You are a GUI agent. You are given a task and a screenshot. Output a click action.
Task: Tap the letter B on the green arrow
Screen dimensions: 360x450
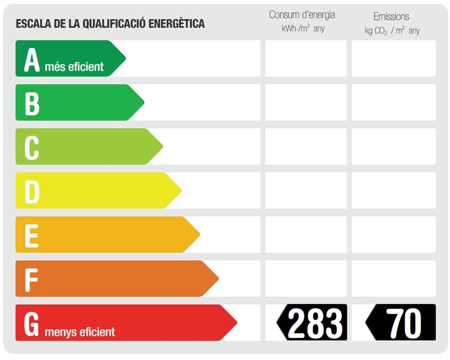32,103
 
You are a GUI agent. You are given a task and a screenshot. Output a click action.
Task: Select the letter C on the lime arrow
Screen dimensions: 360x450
31,147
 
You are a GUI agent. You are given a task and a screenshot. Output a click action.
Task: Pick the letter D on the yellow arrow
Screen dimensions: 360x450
32,191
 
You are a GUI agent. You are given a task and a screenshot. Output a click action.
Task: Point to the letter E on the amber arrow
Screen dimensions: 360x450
31,235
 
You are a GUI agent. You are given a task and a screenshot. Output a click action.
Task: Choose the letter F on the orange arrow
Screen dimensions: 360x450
31,279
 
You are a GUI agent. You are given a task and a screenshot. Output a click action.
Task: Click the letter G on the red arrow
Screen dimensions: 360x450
31,324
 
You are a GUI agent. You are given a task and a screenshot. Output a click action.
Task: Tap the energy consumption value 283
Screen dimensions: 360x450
315,323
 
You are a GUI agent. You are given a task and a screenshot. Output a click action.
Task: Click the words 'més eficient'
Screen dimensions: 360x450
74,67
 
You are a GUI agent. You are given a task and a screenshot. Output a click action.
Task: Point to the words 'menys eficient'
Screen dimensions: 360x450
80,333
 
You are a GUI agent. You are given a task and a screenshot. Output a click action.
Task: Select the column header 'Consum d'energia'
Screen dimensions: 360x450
302,15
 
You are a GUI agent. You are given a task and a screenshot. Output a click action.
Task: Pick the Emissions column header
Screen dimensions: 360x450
391,17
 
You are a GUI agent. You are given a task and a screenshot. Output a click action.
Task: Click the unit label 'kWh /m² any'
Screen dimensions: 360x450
303,29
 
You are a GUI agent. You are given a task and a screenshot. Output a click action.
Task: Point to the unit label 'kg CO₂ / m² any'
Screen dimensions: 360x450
392,31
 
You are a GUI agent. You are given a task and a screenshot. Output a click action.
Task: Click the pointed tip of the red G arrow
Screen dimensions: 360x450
236,323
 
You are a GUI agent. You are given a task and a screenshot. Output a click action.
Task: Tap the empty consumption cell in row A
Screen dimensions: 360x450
306,58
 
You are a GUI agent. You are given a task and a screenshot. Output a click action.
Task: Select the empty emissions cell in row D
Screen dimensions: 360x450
394,190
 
